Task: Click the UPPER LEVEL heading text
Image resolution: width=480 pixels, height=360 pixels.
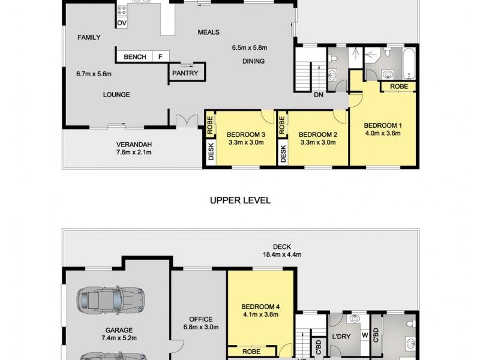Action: (240, 200)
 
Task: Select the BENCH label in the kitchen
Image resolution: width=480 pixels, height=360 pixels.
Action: (135, 57)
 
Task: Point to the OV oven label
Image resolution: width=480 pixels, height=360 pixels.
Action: (122, 23)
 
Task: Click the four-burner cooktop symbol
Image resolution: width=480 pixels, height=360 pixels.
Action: (122, 10)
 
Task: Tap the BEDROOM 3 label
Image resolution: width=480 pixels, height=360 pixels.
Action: (245, 134)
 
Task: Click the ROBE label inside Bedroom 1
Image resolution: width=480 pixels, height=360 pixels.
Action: (399, 86)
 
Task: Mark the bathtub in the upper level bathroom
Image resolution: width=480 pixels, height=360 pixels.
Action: (409, 65)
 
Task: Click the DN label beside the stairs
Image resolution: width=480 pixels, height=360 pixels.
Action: (319, 94)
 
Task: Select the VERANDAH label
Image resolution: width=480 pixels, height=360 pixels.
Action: (134, 144)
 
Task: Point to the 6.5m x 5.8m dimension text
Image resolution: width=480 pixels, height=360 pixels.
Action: (249, 48)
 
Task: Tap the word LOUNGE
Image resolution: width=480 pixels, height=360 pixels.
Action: (116, 94)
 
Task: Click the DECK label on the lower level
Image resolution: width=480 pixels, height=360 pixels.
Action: (281, 246)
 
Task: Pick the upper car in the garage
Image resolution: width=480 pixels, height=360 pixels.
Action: (111, 298)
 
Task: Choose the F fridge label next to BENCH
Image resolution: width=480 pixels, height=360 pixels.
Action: (160, 57)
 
